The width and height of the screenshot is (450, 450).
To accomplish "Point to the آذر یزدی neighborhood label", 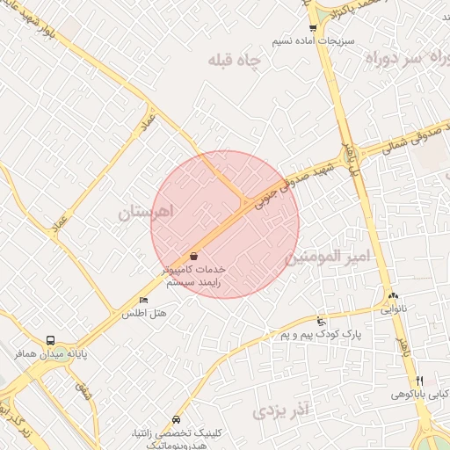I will point(282,410).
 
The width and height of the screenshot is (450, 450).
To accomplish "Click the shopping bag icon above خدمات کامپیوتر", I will point(193,256).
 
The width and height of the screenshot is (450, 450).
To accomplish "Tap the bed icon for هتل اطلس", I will point(143,301).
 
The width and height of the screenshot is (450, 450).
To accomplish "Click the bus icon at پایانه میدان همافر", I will point(50,340).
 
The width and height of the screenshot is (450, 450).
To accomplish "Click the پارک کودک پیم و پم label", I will point(308,335).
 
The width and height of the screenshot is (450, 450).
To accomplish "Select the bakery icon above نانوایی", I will point(393,296).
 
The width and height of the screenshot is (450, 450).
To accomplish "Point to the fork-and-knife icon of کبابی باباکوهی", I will point(420,381).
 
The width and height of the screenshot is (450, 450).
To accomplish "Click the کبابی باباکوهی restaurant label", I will point(420,395).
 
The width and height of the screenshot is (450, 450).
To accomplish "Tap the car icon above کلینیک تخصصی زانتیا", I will point(178,419).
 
